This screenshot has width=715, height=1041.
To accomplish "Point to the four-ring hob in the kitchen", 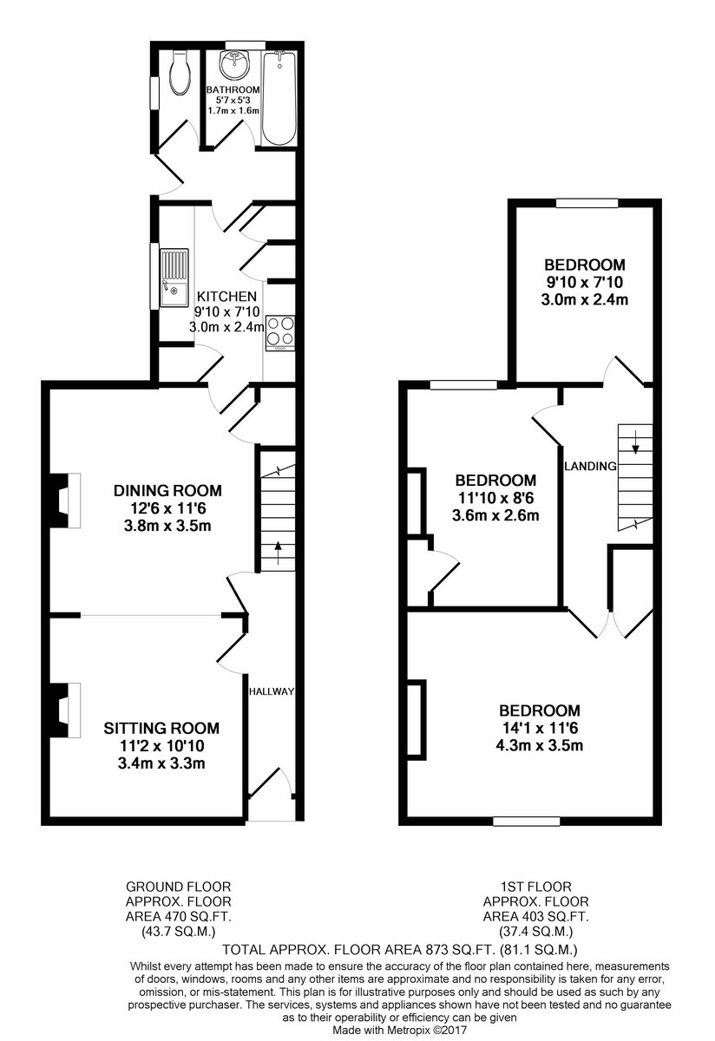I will [279, 331].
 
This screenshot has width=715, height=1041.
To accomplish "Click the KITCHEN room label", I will [226, 297].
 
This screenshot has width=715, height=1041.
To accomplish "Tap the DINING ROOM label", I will [167, 490].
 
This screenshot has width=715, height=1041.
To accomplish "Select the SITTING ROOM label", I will [161, 728].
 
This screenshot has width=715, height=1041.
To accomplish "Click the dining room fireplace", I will [63, 501].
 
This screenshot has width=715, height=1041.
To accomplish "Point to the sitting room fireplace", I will [63, 710].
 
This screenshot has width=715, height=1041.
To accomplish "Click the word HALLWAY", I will [272, 691].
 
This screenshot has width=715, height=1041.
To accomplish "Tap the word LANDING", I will [590, 466].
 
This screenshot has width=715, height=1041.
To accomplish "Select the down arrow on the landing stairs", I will [636, 447].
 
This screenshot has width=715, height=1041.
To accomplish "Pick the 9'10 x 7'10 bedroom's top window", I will [587, 204].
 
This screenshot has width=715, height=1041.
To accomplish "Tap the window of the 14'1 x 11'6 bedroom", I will [526, 821].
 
